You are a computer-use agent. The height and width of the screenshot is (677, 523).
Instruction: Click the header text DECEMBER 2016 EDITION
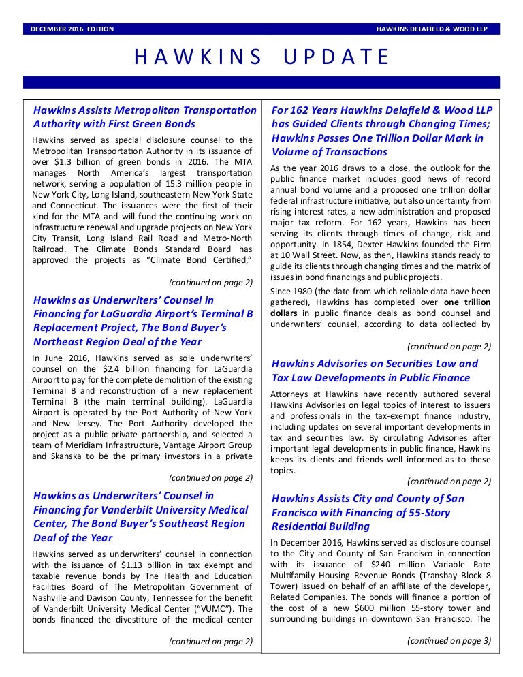72,29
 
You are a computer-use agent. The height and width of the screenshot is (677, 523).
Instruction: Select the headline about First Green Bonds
144,116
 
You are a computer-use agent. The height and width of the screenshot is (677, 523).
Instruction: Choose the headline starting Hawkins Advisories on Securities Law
375,371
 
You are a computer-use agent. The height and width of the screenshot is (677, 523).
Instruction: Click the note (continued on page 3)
449,640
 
